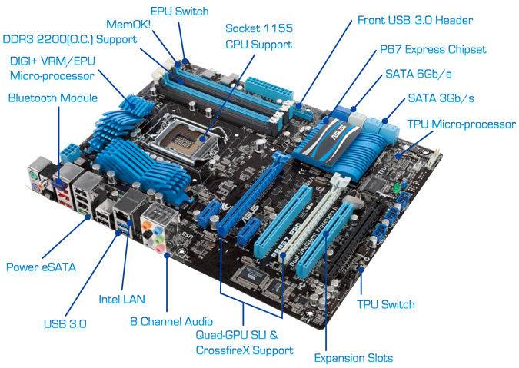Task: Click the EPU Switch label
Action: point(179,12)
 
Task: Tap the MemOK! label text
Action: point(128,24)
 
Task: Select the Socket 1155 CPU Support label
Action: point(259,36)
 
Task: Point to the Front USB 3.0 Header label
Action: point(415,20)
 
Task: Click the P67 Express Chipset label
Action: point(433,50)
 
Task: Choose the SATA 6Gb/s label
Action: point(418,74)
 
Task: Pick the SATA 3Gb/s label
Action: point(441,98)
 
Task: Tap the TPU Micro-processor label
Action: point(461,124)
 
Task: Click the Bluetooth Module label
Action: point(53,98)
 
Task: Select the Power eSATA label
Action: point(41,267)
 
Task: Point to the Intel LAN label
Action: point(121,299)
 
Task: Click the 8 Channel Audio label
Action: point(171,321)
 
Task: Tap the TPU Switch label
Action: point(386,304)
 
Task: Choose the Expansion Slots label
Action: point(354,358)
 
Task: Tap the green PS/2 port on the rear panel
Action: point(32,174)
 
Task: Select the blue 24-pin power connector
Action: point(269,88)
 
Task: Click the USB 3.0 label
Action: point(65,323)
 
